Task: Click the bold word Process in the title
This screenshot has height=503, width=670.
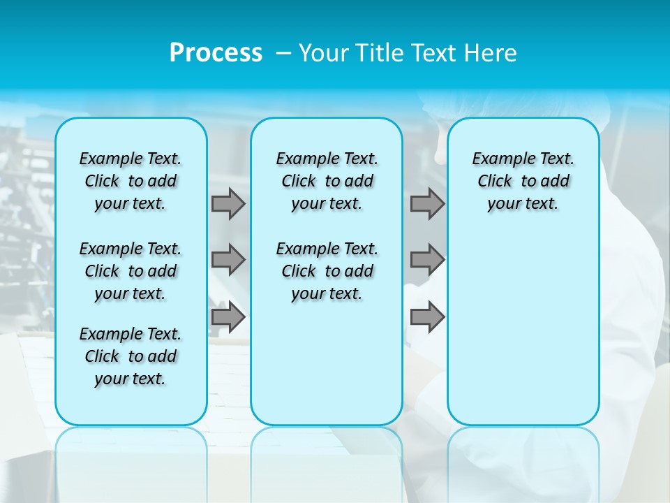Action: [216, 53]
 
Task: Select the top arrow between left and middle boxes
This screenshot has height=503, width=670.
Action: [228, 203]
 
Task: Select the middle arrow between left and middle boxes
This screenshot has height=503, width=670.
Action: [228, 260]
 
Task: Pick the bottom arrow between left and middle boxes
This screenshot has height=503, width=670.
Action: [228, 316]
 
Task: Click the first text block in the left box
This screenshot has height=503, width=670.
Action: [131, 181]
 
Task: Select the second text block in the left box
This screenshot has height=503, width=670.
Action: [131, 271]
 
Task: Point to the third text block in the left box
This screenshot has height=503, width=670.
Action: [131, 356]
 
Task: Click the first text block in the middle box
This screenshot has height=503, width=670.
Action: [327, 181]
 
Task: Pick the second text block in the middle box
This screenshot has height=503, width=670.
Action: [327, 271]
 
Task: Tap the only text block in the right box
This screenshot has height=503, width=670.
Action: [523, 181]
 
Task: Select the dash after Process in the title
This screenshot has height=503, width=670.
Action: [284, 53]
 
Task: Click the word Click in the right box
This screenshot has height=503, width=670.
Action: [495, 182]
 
